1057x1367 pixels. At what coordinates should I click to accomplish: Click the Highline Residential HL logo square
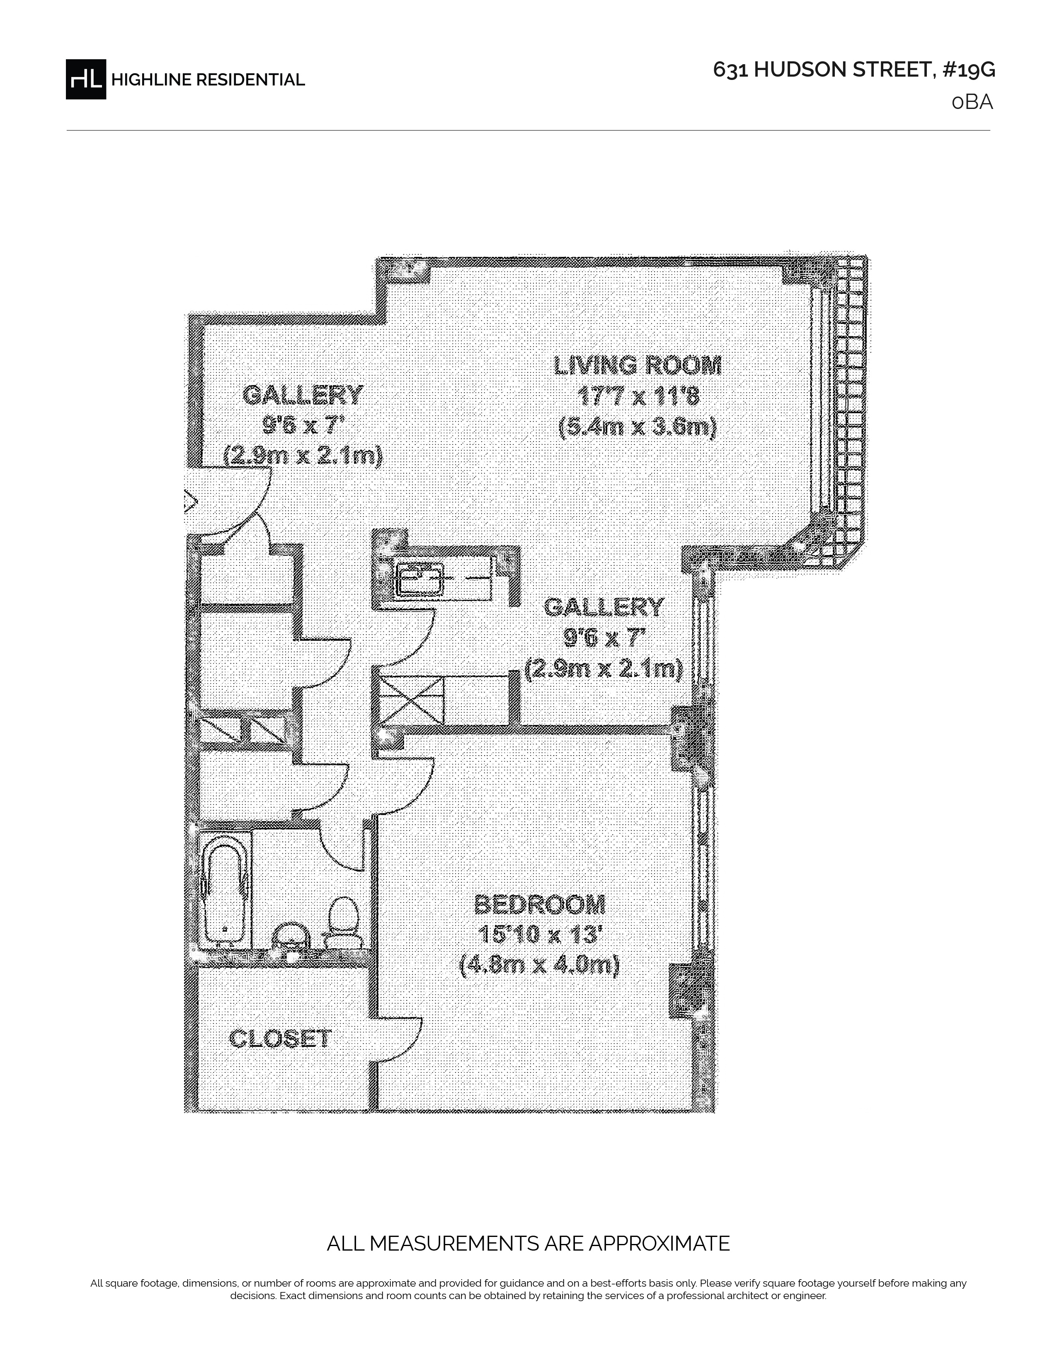click(86, 79)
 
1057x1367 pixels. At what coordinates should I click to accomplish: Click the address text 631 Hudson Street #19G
click(854, 70)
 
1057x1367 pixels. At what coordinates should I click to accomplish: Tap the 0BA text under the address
click(972, 102)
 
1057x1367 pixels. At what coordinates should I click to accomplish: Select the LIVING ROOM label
click(638, 365)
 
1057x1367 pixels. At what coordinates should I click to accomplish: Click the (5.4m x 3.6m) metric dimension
click(638, 428)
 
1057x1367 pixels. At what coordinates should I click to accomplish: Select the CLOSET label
click(280, 1039)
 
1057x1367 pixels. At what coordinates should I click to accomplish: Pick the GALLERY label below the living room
click(604, 606)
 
